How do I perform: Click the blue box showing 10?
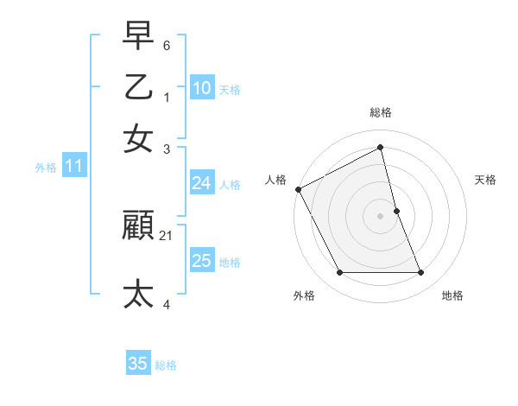[201, 87]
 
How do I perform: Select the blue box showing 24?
[201, 183]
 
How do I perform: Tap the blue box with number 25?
[201, 261]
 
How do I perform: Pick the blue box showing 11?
[73, 166]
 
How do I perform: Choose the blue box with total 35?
[138, 364]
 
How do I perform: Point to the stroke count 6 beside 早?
[167, 44]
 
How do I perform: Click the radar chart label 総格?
[381, 112]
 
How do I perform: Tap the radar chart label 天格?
[486, 180]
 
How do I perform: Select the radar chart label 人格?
[276, 180]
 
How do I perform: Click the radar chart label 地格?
[452, 295]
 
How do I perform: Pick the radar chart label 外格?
[304, 295]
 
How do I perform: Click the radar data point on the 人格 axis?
[299, 189]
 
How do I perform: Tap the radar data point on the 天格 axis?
[396, 211]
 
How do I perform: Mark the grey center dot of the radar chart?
[381, 216]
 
